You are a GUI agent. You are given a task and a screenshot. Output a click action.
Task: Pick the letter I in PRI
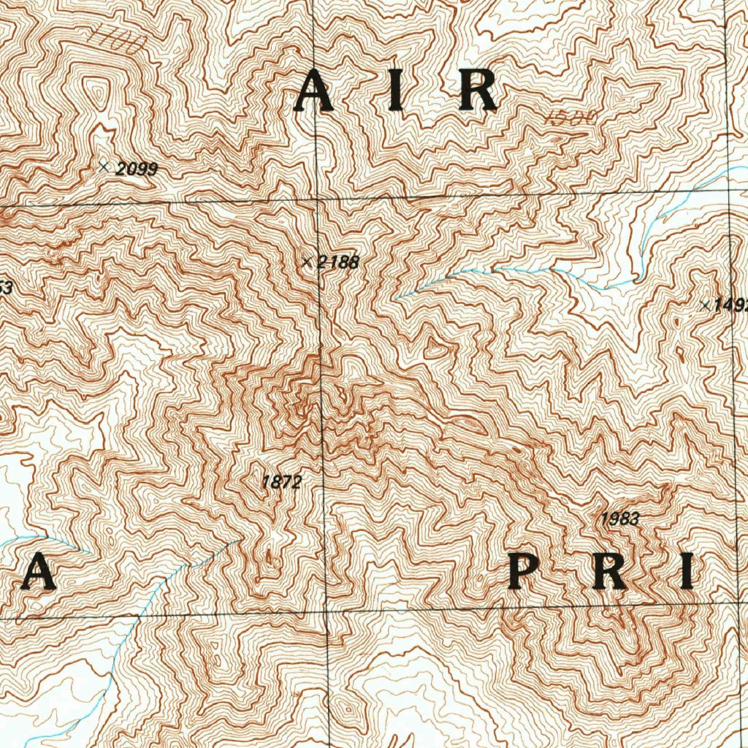pyautogui.click(x=686, y=571)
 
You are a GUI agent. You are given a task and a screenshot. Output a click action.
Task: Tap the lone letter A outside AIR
pyautogui.click(x=37, y=571)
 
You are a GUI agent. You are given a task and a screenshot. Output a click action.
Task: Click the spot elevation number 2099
pyautogui.click(x=137, y=169)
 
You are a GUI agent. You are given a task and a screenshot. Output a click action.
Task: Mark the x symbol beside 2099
pyautogui.click(x=104, y=167)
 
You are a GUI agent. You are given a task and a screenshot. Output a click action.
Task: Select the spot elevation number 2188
pyautogui.click(x=337, y=262)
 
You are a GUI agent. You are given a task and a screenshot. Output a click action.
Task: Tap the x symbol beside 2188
pyautogui.click(x=307, y=261)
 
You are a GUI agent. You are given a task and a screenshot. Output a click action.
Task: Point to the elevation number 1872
pyautogui.click(x=281, y=482)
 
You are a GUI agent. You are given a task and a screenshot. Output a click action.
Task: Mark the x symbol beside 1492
pyautogui.click(x=704, y=305)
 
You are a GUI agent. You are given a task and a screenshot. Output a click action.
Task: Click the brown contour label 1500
pyautogui.click(x=572, y=116)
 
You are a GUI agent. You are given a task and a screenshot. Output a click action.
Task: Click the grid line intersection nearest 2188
pyautogui.click(x=318, y=199)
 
